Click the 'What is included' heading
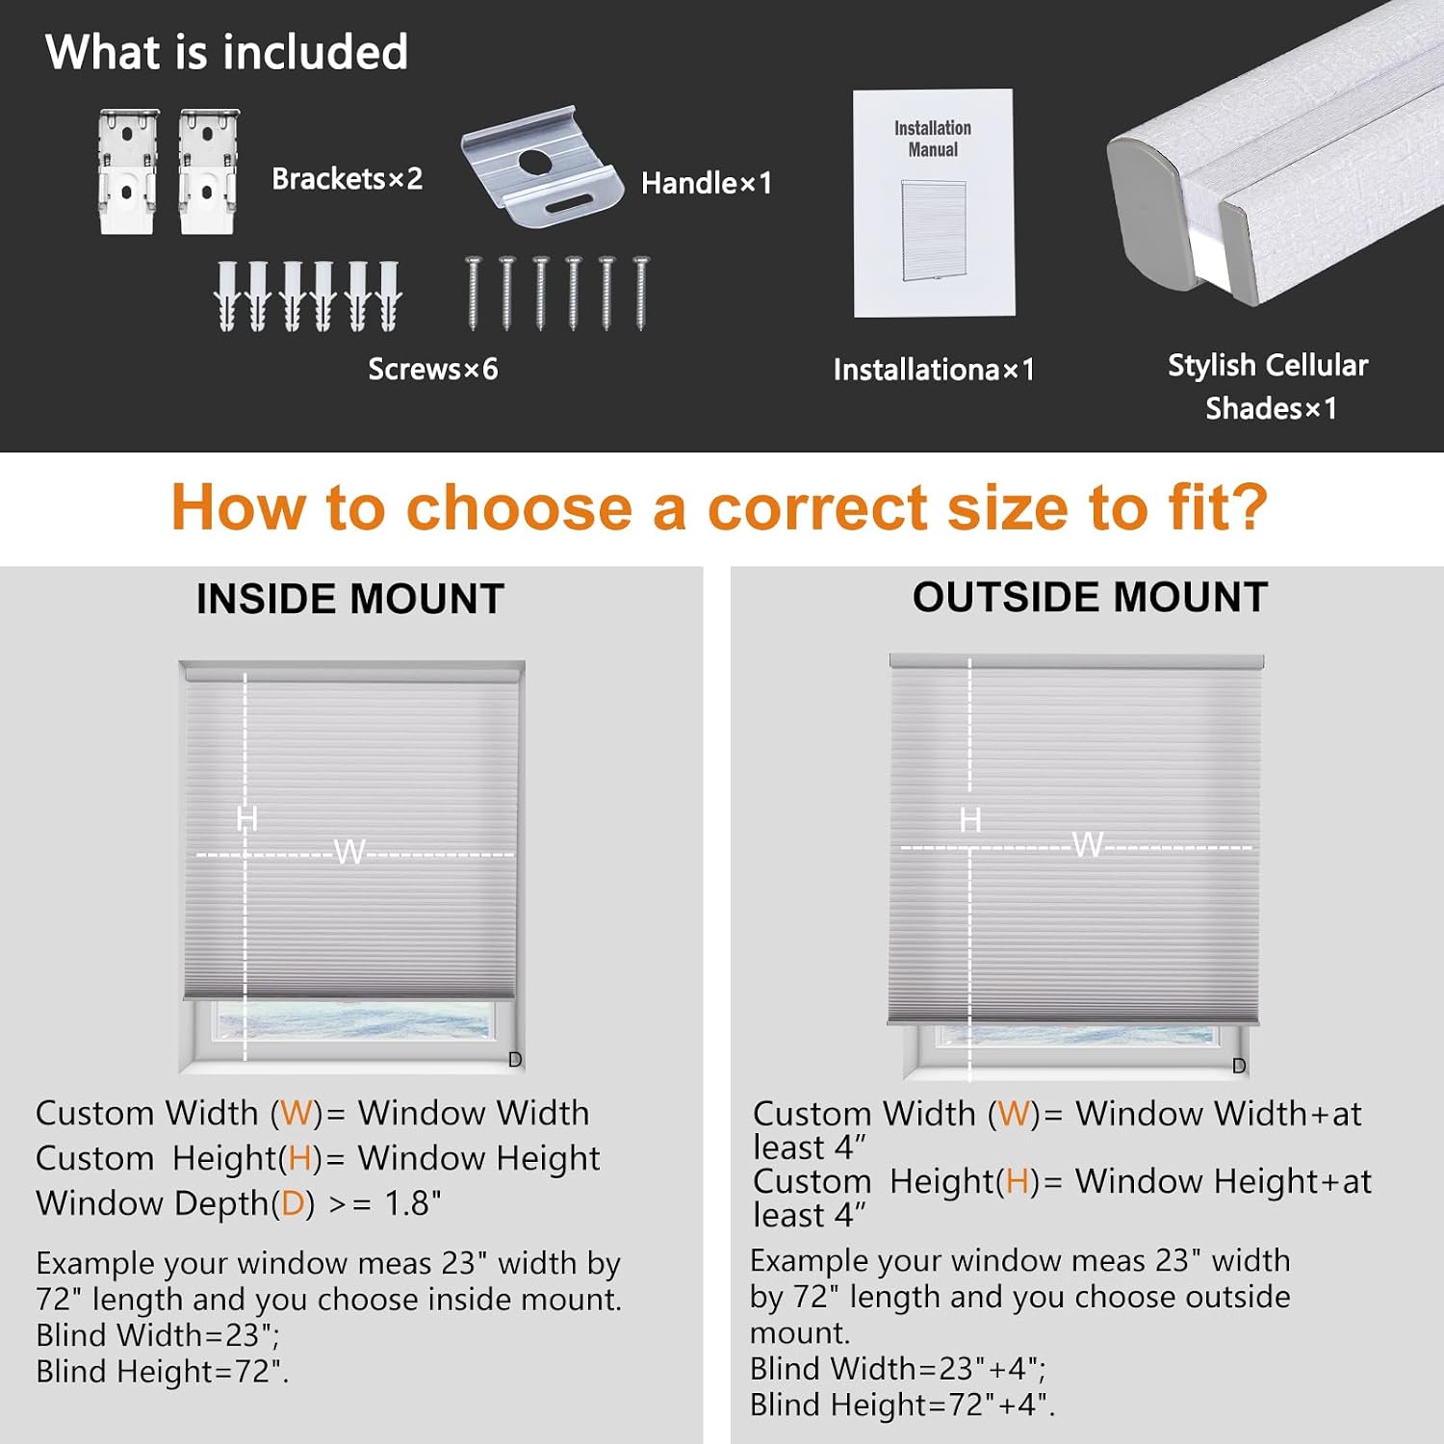point(226,52)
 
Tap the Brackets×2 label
point(347,179)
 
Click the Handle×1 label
point(707,183)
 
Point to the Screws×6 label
point(433,369)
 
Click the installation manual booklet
point(934,203)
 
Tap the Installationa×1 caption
point(934,370)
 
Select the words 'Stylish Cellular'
point(1268,365)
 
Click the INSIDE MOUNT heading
point(350,599)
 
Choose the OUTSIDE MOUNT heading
point(1090,597)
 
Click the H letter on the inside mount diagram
point(246,819)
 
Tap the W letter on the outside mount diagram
point(1088,844)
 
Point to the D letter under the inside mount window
point(515,1060)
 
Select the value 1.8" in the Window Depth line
point(413,1203)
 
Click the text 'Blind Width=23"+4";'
point(898,1368)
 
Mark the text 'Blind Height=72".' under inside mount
point(163,1371)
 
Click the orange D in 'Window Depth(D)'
point(293,1204)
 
